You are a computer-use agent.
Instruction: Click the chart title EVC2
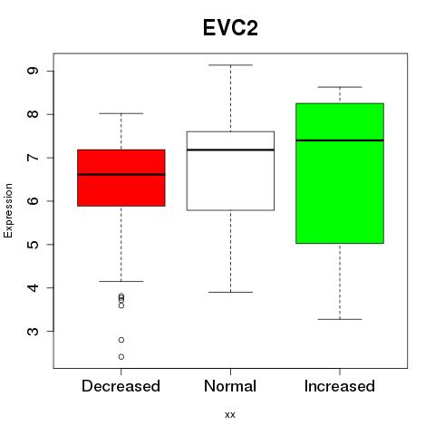(230, 28)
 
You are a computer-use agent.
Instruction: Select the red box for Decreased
(121, 178)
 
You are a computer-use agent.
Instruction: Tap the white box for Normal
(230, 171)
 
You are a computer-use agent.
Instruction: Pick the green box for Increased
(340, 173)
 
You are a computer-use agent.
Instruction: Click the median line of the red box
(121, 175)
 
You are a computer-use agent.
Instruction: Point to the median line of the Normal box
(230, 150)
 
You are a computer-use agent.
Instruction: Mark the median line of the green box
(340, 140)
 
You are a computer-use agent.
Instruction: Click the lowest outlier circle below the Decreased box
(121, 357)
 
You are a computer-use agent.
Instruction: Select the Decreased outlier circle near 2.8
(121, 340)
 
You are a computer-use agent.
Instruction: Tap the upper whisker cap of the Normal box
(230, 65)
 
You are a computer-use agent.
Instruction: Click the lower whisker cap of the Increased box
(340, 319)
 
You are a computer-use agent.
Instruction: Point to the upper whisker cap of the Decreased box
(121, 113)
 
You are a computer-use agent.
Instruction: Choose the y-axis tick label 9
(34, 71)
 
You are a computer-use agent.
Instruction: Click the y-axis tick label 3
(34, 331)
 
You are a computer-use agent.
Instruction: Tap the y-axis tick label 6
(34, 201)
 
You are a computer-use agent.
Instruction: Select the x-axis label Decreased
(121, 386)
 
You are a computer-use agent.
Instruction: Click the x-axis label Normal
(230, 386)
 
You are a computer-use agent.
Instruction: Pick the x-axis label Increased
(340, 386)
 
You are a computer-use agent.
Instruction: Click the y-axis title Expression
(8, 210)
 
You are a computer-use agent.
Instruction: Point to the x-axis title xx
(230, 415)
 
